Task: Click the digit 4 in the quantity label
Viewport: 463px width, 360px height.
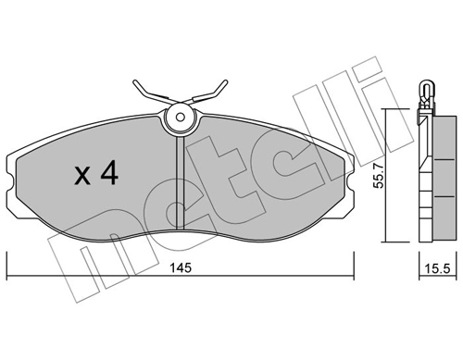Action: pos(108,174)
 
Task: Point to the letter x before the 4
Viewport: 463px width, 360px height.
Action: pos(81,176)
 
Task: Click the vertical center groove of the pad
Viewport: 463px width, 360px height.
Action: pos(179,185)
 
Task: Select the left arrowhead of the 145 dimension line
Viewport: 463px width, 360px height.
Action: pos(10,277)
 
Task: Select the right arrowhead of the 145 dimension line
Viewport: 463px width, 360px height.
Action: pos(352,277)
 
